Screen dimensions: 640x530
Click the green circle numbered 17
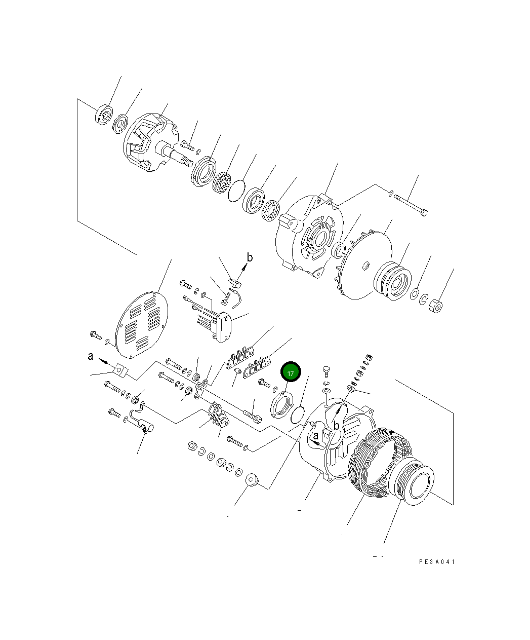point(291,373)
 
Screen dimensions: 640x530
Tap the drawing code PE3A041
point(437,562)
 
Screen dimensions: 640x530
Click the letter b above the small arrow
point(249,258)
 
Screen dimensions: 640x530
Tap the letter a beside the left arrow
point(90,357)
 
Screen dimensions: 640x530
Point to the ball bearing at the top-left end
point(104,115)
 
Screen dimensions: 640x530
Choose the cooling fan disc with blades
point(362,266)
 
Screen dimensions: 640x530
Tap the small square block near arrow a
point(120,371)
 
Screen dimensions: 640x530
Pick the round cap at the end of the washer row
point(251,480)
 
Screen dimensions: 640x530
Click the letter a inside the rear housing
point(315,436)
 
